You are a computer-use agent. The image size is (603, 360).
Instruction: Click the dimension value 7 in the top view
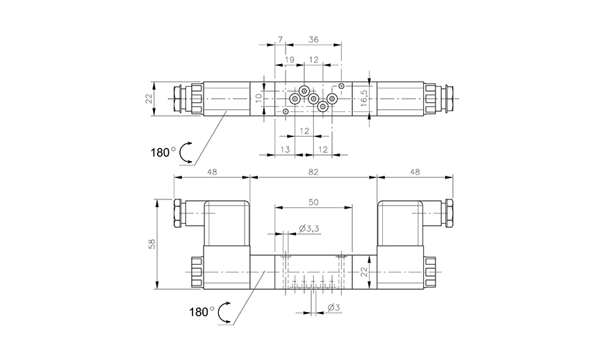pyautogui.click(x=279, y=40)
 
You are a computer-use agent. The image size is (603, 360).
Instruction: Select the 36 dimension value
pyautogui.click(x=313, y=40)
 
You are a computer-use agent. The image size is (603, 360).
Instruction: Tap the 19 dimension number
pyautogui.click(x=289, y=60)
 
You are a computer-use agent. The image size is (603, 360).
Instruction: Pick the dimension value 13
pyautogui.click(x=285, y=149)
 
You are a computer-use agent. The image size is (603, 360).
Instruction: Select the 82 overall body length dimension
pyautogui.click(x=313, y=171)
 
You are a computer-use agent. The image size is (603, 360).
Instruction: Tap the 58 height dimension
pyautogui.click(x=152, y=243)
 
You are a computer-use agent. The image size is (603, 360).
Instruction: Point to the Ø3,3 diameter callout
pyautogui.click(x=308, y=228)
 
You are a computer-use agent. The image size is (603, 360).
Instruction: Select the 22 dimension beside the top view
pyautogui.click(x=149, y=99)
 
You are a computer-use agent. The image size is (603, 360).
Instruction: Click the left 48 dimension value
pyautogui.click(x=211, y=171)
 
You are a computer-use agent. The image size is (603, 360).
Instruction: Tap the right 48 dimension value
pyautogui.click(x=415, y=171)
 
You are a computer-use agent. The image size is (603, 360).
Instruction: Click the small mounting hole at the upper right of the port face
pyautogui.click(x=341, y=86)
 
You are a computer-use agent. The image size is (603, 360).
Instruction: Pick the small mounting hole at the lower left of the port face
pyautogui.click(x=286, y=111)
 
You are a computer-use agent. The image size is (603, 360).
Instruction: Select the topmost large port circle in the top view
pyautogui.click(x=304, y=92)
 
